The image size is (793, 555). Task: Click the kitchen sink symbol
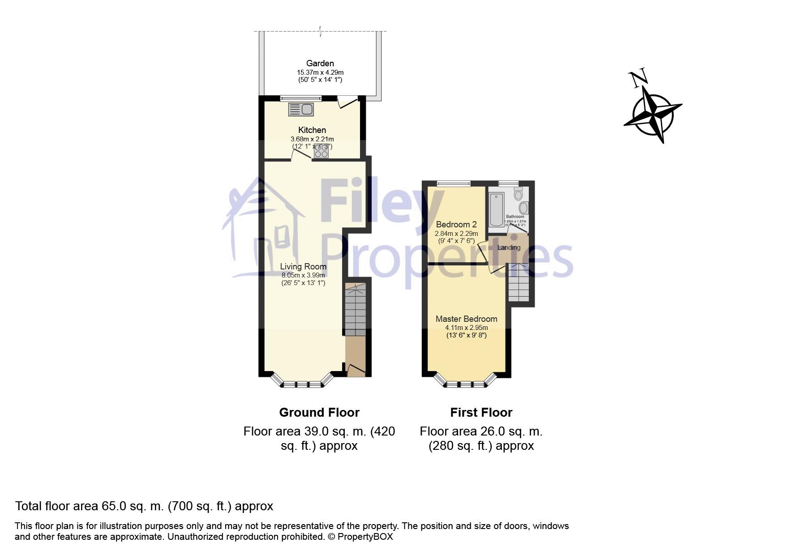(300, 109)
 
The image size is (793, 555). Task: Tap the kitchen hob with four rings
(321, 151)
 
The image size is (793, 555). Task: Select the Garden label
(320, 64)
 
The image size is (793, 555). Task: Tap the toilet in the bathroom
(519, 193)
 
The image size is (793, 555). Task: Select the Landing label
(509, 248)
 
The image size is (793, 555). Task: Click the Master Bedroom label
(466, 319)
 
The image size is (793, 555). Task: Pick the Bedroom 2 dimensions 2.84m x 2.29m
(456, 234)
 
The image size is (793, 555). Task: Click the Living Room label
(303, 267)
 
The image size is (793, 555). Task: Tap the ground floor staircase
(355, 309)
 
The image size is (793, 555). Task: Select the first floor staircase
(519, 283)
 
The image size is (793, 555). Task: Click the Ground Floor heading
(319, 412)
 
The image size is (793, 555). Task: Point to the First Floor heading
(481, 412)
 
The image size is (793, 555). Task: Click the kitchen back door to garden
(347, 102)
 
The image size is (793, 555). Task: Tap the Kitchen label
(312, 130)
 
